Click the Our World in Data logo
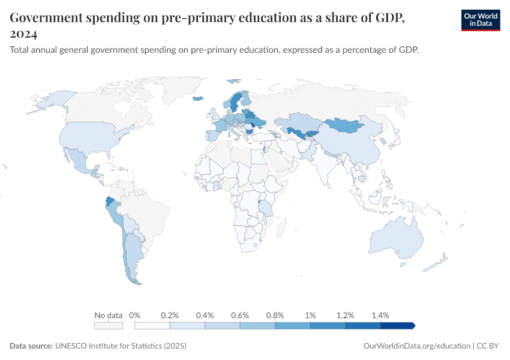[480, 20]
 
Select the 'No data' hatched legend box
[108, 325]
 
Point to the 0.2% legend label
[170, 315]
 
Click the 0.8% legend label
[275, 315]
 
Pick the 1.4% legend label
[380, 315]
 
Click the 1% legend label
[310, 315]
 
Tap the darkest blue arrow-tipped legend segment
[398, 325]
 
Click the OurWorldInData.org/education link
[417, 346]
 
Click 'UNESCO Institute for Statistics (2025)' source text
[121, 346]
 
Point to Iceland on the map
[198, 99]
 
